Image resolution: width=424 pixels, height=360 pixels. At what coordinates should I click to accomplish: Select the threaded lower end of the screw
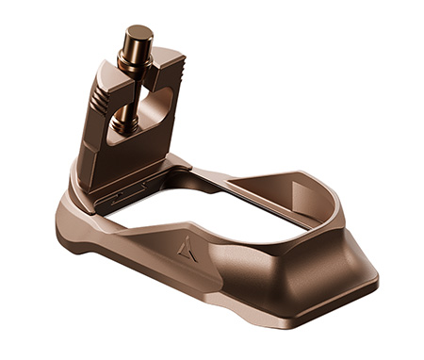tap(125, 119)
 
